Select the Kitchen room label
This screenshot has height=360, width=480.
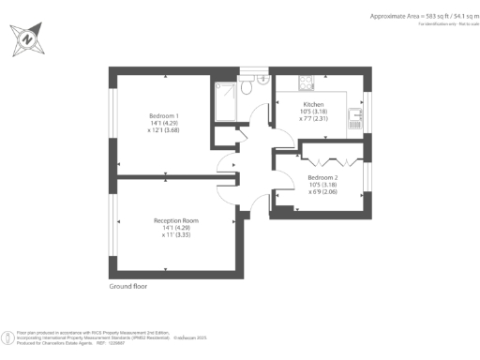(312, 105)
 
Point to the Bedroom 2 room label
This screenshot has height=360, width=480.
(322, 176)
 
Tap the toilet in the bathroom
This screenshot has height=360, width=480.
(247, 85)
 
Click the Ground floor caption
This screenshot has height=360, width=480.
(127, 286)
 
